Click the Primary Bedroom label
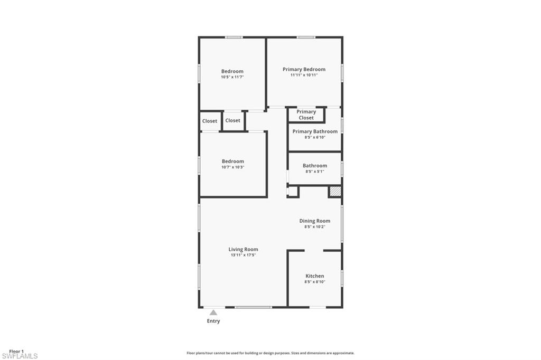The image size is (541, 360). coord(304,69)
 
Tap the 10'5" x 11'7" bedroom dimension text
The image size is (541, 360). coord(232,77)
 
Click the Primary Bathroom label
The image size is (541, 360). coord(315,131)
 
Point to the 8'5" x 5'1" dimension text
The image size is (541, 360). coord(314,172)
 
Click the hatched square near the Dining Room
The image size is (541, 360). coord(335,192)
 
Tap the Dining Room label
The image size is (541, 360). coord(314,221)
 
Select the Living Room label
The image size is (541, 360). coord(243,249)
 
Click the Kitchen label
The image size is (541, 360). coord(314,276)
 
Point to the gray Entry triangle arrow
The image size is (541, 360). coord(213,312)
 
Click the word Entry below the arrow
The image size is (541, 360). coord(213,321)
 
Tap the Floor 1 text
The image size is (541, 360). coord(16,351)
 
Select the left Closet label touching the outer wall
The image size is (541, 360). coord(210,121)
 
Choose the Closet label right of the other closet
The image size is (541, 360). coord(232,120)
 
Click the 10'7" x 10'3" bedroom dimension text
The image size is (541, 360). coord(232,167)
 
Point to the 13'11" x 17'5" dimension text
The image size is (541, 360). coord(243,255)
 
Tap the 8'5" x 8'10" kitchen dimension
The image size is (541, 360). coord(314,282)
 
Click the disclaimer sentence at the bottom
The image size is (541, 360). coord(270,353)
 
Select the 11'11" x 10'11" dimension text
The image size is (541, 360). coord(304,75)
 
